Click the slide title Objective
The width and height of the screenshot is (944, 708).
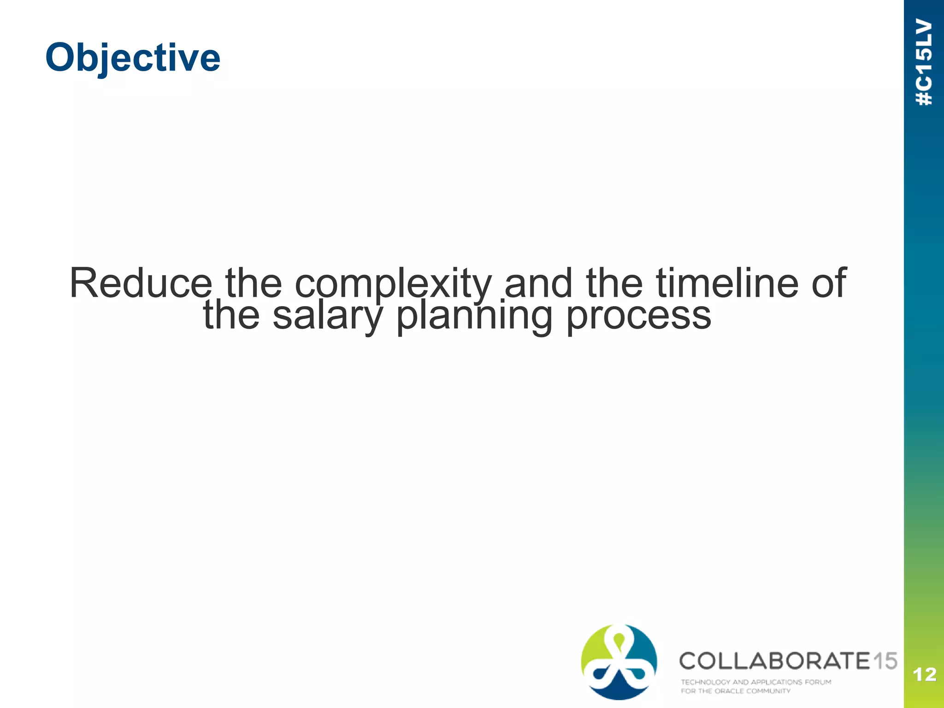tap(133, 57)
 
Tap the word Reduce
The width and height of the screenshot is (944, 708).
tap(141, 283)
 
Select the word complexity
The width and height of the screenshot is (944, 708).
tap(393, 284)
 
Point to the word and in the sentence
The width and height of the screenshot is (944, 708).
tap(538, 283)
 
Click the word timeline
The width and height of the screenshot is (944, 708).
tap(727, 283)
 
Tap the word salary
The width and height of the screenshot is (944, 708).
tap(327, 316)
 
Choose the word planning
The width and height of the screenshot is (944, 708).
tap(474, 316)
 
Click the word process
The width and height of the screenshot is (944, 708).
tap(638, 316)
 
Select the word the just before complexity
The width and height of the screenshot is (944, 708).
tap(253, 283)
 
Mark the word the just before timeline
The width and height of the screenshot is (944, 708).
tap(614, 283)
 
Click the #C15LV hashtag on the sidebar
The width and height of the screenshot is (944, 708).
tap(924, 62)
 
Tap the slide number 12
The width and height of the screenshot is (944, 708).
tap(924, 675)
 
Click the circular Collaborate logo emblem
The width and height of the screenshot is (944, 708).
tap(619, 661)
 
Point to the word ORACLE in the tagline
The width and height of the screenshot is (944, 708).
tap(729, 691)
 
